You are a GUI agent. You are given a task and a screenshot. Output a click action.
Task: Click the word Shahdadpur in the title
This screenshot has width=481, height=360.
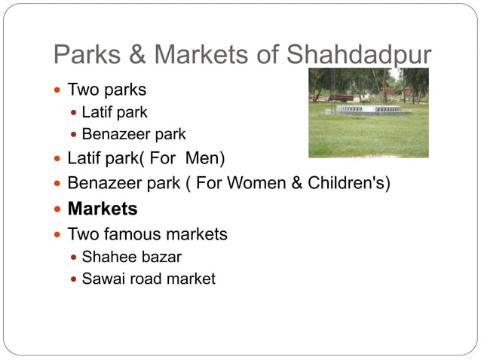358,55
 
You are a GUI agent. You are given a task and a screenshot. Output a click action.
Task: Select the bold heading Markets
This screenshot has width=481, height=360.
103,209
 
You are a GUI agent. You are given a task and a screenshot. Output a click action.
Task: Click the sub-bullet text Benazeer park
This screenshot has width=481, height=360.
133,135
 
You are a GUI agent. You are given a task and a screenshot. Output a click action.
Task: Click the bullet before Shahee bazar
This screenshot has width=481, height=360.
74,258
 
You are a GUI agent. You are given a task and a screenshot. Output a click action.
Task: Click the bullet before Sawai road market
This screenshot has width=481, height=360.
74,279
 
